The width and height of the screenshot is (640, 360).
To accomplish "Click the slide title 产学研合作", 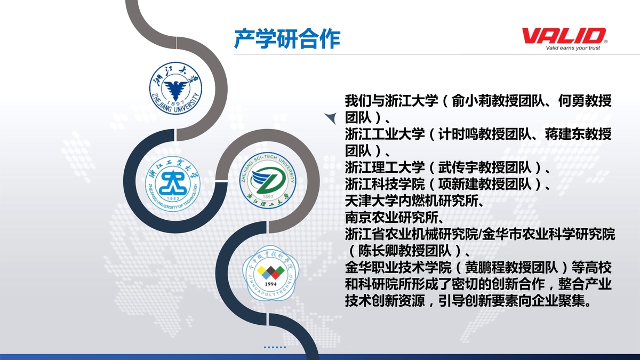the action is pyautogui.click(x=287, y=38).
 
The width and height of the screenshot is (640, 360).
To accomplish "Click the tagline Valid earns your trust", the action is pyautogui.click(x=573, y=47).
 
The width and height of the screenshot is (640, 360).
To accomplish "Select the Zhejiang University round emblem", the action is pyautogui.click(x=175, y=88).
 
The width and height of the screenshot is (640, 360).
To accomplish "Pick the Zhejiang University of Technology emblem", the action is pyautogui.click(x=173, y=183).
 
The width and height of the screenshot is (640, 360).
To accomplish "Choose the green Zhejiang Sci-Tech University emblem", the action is pyautogui.click(x=268, y=180).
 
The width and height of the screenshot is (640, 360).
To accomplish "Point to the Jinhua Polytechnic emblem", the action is pyautogui.click(x=270, y=273).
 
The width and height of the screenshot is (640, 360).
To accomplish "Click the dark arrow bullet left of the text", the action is pyautogui.click(x=331, y=118).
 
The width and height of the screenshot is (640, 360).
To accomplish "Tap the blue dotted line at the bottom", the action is pyautogui.click(x=275, y=347).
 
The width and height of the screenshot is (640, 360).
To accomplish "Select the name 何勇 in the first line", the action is pyautogui.click(x=571, y=101).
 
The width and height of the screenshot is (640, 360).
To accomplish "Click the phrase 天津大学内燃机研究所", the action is pyautogui.click(x=411, y=201).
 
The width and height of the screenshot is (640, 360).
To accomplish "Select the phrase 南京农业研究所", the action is pyautogui.click(x=391, y=218).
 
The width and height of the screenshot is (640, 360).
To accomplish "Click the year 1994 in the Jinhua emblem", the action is pyautogui.click(x=270, y=284).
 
